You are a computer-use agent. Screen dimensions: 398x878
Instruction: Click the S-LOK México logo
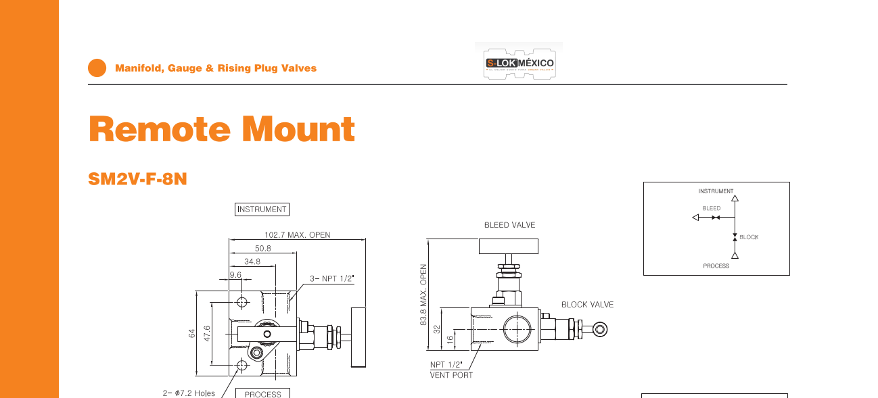(x=519, y=63)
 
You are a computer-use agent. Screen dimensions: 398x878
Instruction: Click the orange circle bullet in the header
(x=97, y=68)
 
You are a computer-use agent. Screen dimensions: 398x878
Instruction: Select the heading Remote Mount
(x=222, y=129)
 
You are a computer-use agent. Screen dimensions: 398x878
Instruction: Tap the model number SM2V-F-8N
(x=137, y=180)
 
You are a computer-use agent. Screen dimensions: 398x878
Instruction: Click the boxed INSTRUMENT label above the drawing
(x=262, y=209)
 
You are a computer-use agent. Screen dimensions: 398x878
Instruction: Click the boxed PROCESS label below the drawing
(x=262, y=393)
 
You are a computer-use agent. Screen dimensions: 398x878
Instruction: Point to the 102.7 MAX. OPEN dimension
(x=297, y=235)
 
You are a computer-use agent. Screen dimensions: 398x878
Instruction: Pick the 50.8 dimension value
(x=263, y=248)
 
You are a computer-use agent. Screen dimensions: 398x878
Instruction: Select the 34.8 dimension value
(x=252, y=262)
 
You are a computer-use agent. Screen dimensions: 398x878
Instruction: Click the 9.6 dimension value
(x=235, y=275)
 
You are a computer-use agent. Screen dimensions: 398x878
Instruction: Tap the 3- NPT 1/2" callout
(x=332, y=278)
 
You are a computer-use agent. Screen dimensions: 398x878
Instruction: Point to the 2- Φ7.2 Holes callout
(x=189, y=393)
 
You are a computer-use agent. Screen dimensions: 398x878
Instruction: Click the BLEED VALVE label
(x=509, y=225)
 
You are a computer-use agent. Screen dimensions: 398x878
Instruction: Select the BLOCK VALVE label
(x=587, y=305)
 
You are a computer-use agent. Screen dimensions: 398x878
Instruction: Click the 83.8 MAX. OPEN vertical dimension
(x=424, y=295)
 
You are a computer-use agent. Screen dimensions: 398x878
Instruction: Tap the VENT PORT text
(x=451, y=375)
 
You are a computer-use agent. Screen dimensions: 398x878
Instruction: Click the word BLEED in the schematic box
(x=711, y=209)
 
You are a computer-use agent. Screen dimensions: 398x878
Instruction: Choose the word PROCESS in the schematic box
(x=716, y=266)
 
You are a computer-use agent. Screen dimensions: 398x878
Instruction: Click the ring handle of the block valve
(x=599, y=330)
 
